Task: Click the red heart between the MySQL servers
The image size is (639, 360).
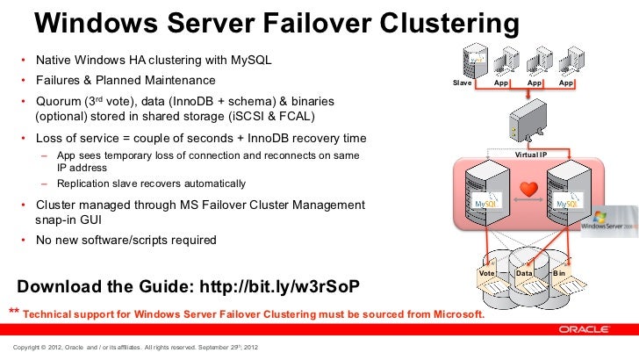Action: (528, 189)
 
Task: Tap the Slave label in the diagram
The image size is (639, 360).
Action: (462, 83)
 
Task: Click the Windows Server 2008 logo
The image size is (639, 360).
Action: (608, 220)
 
